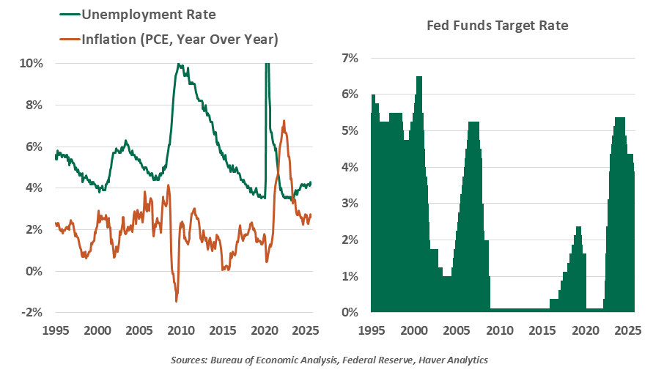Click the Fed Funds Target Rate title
(x=498, y=26)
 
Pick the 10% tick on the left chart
(x=31, y=63)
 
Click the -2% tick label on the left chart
(x=31, y=313)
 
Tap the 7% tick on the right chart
(x=348, y=57)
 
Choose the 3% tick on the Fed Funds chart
(x=348, y=203)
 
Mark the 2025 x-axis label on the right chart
(x=628, y=330)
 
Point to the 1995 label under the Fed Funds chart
(x=372, y=330)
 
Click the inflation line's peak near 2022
(x=284, y=121)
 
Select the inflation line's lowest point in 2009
(x=177, y=301)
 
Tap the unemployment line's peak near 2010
(x=178, y=64)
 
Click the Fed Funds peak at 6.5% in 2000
(x=419, y=77)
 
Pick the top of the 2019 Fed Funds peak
(x=578, y=227)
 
